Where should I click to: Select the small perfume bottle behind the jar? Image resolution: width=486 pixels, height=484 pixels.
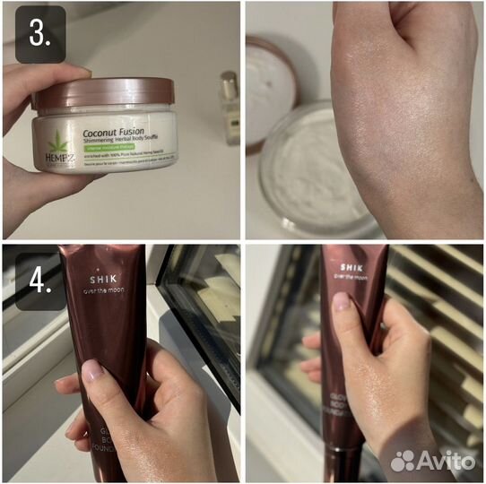(x=230, y=108)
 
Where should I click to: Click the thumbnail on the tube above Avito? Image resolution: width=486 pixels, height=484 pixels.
(x=342, y=302)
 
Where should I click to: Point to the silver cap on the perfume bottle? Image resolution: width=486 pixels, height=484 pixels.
(x=230, y=79)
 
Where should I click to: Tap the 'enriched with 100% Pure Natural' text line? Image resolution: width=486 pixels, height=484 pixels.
(x=126, y=153)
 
